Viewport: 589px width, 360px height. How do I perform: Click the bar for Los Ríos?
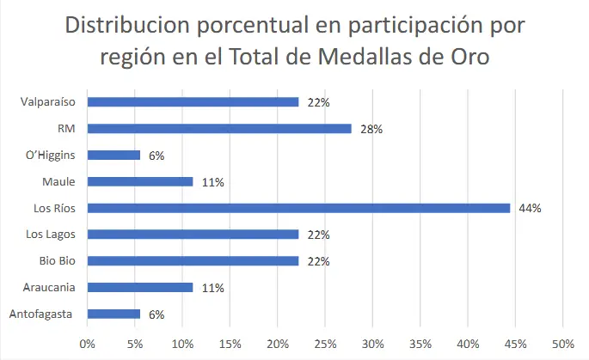(x=298, y=208)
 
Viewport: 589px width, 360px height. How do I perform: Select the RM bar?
(x=219, y=129)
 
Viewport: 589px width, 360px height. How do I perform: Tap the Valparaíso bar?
(x=193, y=102)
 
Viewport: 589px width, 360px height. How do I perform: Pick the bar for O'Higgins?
(x=114, y=156)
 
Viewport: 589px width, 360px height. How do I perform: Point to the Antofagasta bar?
(x=114, y=314)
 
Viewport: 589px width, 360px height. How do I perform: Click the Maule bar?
(x=140, y=182)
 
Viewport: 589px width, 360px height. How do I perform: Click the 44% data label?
(x=529, y=209)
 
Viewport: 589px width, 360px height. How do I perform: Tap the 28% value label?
(x=371, y=130)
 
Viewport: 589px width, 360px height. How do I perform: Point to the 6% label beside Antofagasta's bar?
(x=156, y=315)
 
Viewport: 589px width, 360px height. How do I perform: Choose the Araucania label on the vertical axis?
(x=52, y=288)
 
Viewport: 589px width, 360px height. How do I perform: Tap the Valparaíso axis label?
(x=48, y=102)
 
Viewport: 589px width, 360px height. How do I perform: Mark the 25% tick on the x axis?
(x=325, y=344)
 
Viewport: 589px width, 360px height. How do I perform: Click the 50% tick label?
(x=562, y=344)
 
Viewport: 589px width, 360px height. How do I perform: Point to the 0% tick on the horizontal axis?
(x=87, y=344)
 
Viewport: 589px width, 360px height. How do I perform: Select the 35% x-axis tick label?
(x=420, y=344)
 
